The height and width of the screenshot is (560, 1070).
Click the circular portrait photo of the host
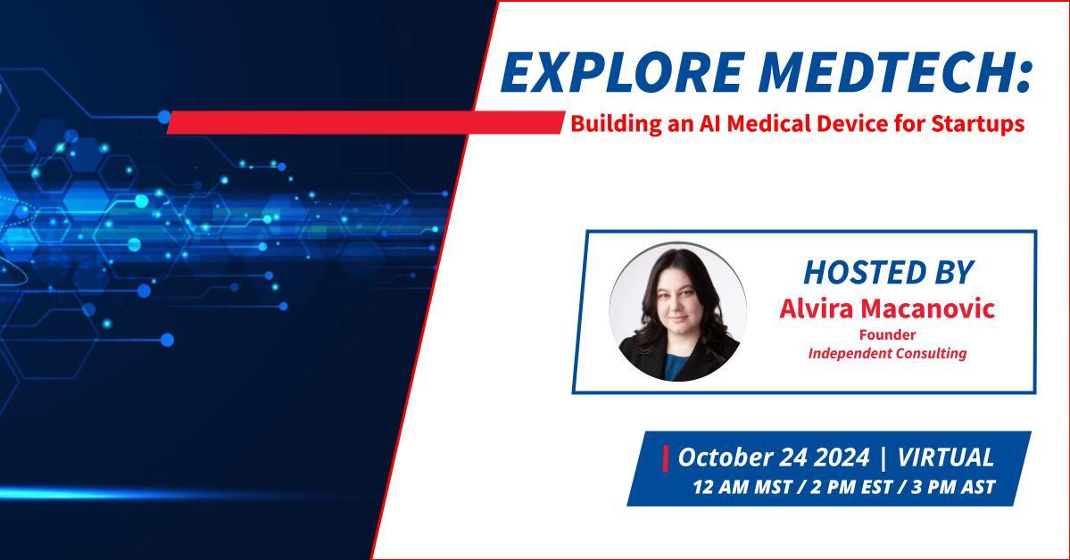[x=677, y=311]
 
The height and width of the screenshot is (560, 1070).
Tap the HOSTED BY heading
[x=888, y=272]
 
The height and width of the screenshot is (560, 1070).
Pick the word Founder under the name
[x=887, y=334]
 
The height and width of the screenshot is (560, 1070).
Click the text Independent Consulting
[x=887, y=353]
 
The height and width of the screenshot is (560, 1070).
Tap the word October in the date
[x=725, y=457]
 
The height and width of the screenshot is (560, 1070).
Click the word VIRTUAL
[x=945, y=457]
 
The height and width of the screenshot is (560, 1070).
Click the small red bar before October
[x=666, y=457]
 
